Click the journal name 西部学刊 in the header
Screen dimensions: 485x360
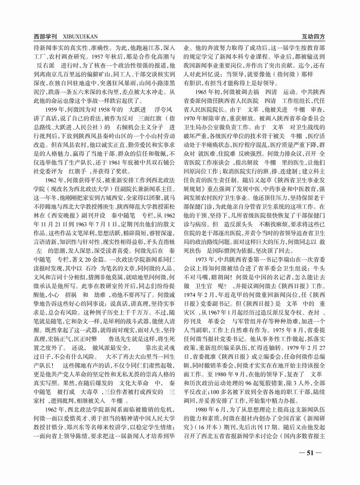click(46, 38)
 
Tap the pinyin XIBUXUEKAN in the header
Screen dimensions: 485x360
click(77, 38)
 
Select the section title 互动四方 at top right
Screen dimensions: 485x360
click(313, 38)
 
